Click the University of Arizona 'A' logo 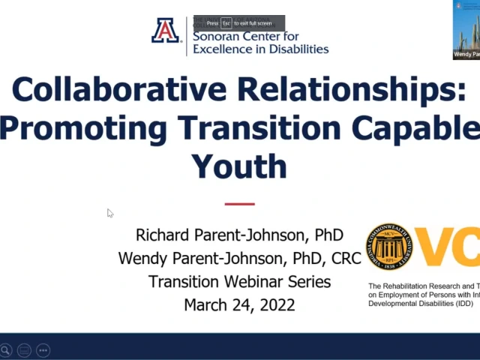pyautogui.click(x=166, y=31)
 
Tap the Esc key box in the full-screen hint pyautogui.click(x=226, y=23)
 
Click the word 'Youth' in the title pyautogui.click(x=239, y=165)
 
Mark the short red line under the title pyautogui.click(x=240, y=203)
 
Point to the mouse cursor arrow pyautogui.click(x=109, y=213)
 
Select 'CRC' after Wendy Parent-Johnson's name pyautogui.click(x=346, y=259)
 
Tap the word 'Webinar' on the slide pyautogui.click(x=255, y=282)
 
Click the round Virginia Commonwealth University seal pyautogui.click(x=389, y=246)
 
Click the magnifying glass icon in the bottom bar pyautogui.click(x=5, y=349)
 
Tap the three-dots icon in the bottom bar pyautogui.click(x=43, y=349)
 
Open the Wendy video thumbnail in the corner pyautogui.click(x=466, y=30)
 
